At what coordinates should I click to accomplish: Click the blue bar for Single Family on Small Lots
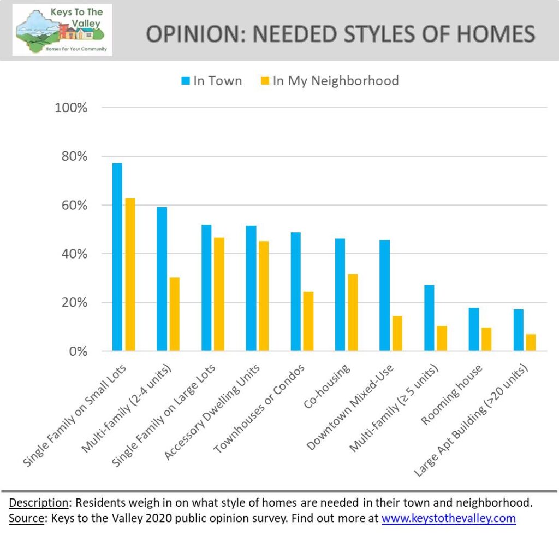[x=117, y=257]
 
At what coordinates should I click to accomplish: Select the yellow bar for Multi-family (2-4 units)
[x=174, y=314]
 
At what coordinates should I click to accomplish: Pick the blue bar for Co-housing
[x=340, y=295]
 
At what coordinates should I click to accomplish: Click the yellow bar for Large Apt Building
[x=531, y=342]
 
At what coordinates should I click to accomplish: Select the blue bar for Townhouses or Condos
[x=295, y=291]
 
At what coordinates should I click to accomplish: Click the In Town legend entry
[x=211, y=81]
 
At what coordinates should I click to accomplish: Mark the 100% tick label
[x=72, y=108]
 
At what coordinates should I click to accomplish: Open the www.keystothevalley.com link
[x=448, y=518]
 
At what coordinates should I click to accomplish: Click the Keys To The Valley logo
[x=62, y=30]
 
